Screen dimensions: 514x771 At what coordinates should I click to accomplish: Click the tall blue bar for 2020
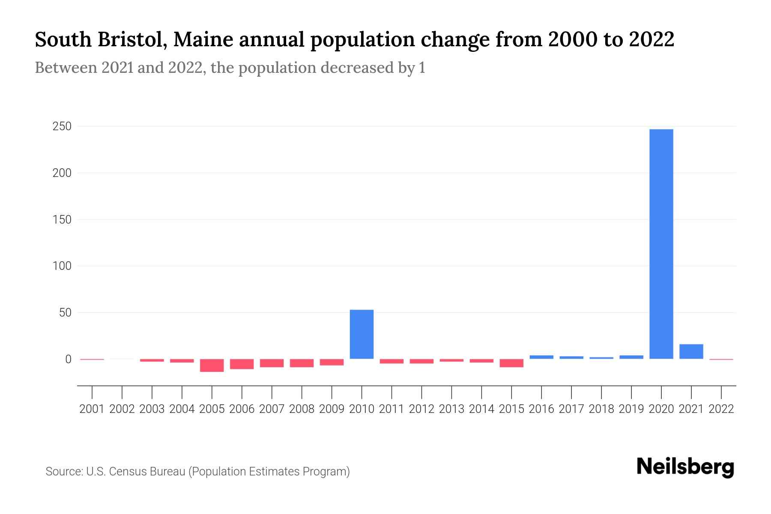pos(661,244)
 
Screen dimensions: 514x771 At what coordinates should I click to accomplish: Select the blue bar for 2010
pos(362,334)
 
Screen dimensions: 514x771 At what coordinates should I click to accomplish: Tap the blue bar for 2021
pos(691,352)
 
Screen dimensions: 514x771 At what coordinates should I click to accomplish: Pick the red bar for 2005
pos(212,365)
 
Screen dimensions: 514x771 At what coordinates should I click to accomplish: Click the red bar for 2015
pos(511,363)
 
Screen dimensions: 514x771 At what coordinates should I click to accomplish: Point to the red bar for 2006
pos(242,364)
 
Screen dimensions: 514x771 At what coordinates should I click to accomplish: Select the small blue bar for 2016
pos(541,357)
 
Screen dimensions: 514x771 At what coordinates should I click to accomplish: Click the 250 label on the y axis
pos(62,127)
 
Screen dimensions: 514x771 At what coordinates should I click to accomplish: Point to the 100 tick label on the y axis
pos(62,266)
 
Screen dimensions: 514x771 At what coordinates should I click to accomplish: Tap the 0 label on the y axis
pos(68,359)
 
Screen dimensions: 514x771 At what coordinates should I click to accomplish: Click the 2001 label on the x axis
pos(92,409)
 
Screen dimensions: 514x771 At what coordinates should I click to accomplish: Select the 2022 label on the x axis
pos(721,409)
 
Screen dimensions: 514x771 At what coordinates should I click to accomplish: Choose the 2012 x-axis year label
pos(421,409)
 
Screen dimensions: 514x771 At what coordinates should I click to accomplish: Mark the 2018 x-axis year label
pos(601,409)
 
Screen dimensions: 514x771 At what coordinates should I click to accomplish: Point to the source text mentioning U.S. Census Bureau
pos(197,472)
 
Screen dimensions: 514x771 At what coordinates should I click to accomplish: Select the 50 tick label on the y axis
pos(65,313)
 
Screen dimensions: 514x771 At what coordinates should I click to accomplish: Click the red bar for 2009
pos(332,362)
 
